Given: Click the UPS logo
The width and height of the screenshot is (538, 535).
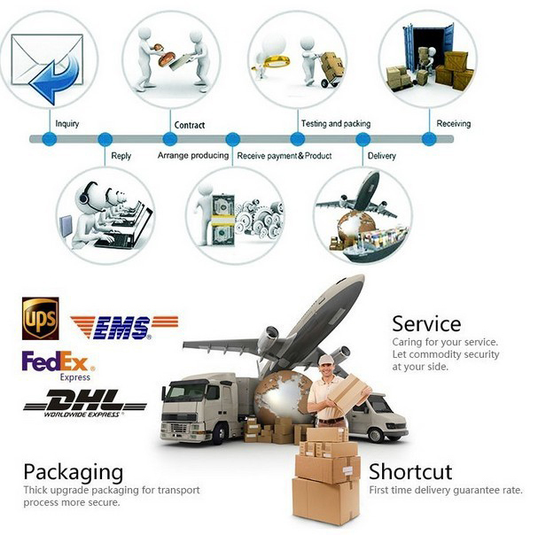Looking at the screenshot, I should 40,319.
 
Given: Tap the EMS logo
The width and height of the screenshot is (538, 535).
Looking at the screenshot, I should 124,327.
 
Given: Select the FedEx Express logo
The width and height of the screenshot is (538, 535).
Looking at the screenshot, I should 58,365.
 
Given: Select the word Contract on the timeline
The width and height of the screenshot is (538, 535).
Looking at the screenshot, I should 190,125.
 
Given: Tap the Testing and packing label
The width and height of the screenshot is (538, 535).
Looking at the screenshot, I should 336,124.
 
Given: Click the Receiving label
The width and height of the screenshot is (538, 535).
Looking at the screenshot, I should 454,124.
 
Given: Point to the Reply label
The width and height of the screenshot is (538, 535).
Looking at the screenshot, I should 121,156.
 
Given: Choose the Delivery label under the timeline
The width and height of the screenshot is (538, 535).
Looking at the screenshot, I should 383,156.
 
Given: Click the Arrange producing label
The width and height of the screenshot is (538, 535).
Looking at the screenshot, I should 194,156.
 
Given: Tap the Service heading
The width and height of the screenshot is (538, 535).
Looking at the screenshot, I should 426,323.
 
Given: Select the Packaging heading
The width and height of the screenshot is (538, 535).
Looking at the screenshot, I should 73,471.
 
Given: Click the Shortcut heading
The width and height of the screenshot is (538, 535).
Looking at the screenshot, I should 410,471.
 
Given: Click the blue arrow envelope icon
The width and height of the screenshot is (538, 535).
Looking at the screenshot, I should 48,65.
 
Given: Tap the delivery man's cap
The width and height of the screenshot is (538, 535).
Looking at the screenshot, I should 325,359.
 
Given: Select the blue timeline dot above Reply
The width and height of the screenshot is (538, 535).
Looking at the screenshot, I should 105,139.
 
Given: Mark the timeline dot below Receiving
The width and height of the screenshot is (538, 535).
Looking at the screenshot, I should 429,139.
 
